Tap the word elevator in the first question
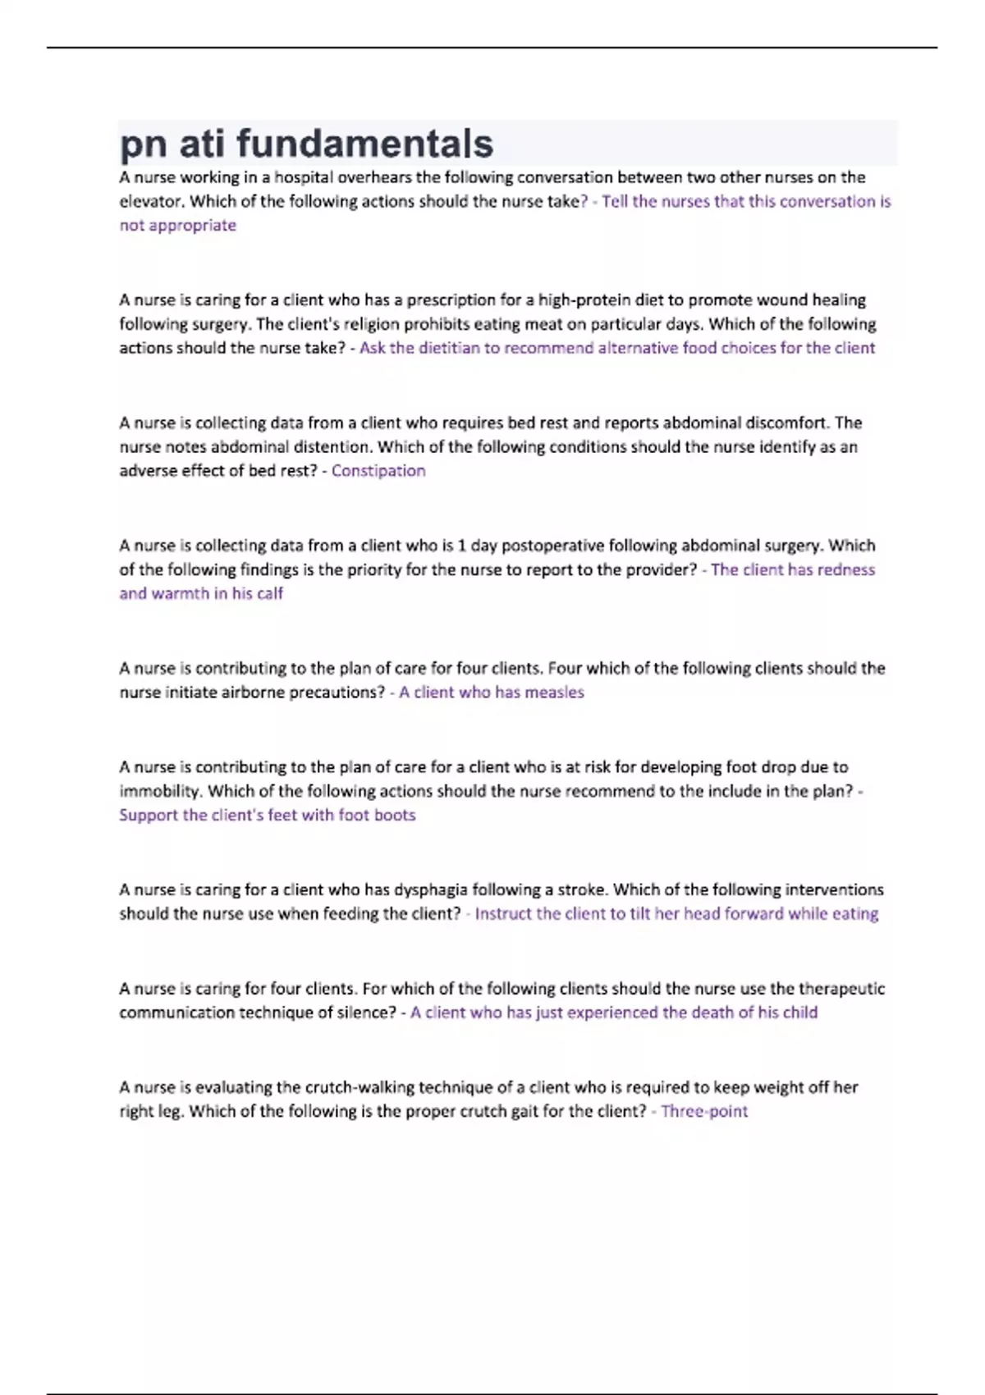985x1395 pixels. (150, 202)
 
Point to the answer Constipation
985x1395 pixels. (378, 471)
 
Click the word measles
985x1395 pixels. (554, 693)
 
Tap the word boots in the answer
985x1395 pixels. (394, 816)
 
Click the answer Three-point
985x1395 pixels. (704, 1112)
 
